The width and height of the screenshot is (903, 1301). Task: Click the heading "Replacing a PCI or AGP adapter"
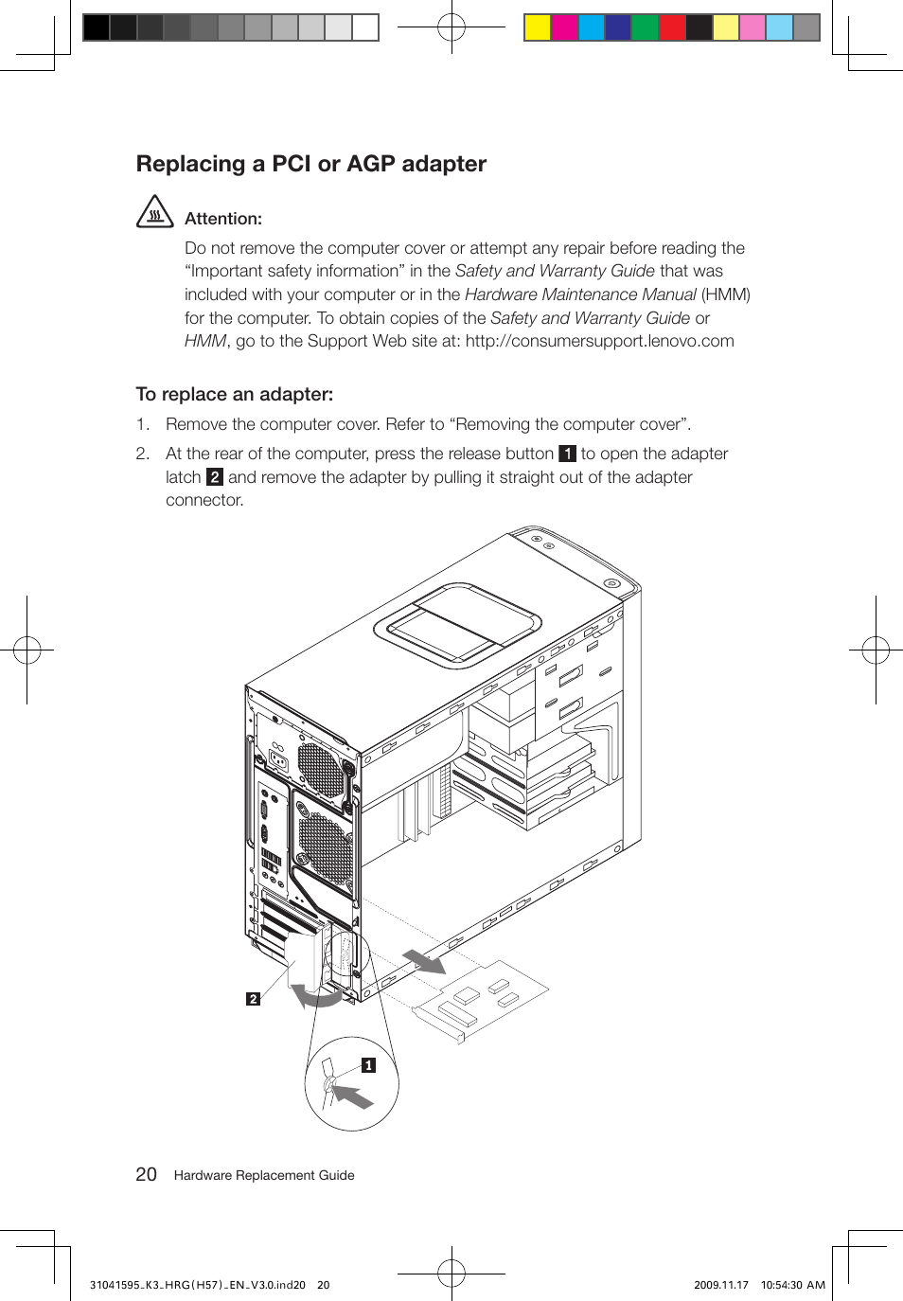coord(310,164)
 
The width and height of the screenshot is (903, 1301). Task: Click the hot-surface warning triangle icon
coord(155,212)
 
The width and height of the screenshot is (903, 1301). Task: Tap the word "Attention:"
coord(223,219)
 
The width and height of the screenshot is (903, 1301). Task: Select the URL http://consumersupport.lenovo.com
coord(599,341)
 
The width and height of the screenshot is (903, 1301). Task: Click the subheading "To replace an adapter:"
coord(235,394)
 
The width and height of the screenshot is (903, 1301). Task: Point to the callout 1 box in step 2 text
coord(567,454)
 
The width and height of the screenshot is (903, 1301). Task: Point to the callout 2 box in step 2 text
coord(215,477)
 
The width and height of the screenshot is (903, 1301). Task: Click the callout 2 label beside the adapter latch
coord(253,999)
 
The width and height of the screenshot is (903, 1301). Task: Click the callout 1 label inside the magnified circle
coord(368,1065)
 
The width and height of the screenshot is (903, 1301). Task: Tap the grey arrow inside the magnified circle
coord(353,1096)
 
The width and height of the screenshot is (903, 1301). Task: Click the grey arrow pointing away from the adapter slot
coord(425,962)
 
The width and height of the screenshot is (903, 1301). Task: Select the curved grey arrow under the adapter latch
coord(315,996)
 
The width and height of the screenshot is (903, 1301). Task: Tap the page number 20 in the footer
coord(146,1174)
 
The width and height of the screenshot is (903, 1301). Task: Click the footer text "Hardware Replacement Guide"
coord(264,1175)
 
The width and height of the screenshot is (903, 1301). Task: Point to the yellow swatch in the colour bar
coord(538,27)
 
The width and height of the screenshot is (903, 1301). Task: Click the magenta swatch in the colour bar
coord(564,27)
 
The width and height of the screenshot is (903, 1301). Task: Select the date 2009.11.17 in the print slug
coord(720,1285)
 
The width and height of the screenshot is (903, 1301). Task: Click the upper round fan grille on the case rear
coord(320,769)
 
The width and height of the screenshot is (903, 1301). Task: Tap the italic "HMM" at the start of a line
coord(205,341)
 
